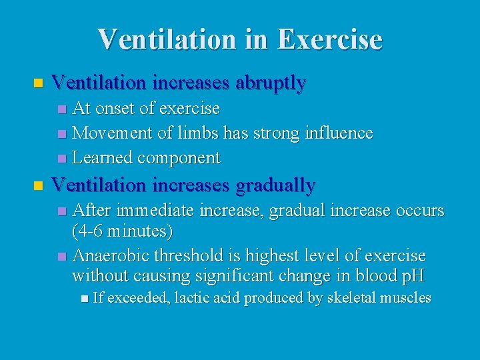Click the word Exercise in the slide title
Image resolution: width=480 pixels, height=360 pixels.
click(x=329, y=39)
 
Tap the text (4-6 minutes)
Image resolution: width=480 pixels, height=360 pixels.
click(x=122, y=232)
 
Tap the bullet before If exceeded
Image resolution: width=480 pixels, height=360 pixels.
click(x=83, y=299)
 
